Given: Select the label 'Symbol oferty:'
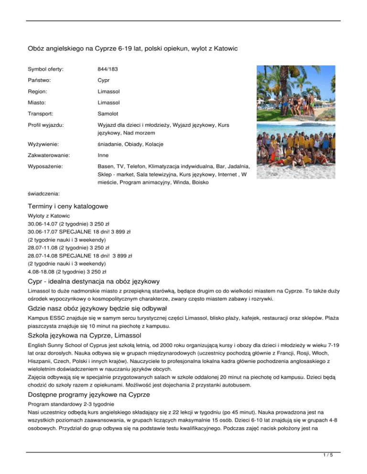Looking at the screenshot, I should (47, 69).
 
